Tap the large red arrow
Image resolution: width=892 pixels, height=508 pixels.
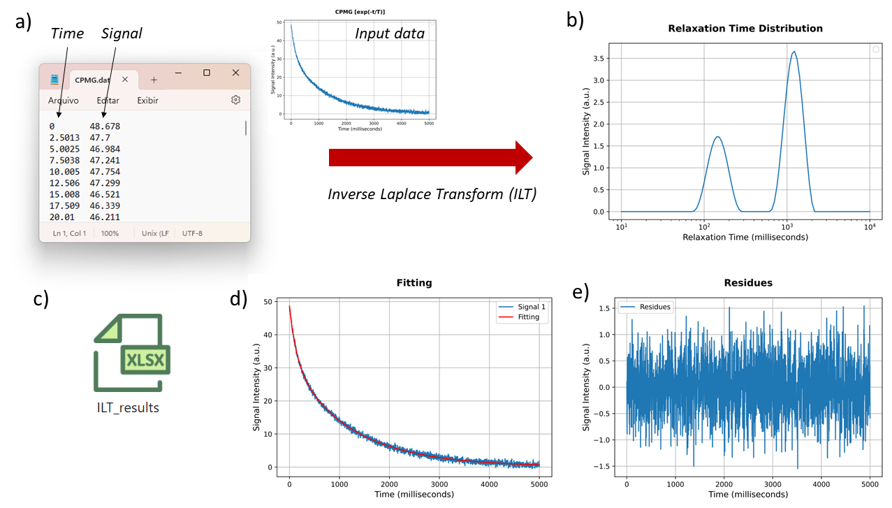tap(430, 158)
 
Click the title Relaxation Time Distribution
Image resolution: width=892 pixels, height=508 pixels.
tap(745, 29)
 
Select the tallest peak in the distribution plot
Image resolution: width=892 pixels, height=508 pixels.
tap(794, 52)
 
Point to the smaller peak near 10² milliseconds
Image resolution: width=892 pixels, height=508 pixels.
tap(717, 138)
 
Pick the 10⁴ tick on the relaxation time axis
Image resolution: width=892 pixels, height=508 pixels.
tap(870, 226)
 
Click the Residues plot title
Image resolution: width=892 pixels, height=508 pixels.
tap(747, 283)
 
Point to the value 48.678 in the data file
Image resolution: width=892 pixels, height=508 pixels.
tap(105, 126)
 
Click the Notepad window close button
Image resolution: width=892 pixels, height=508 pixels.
tap(235, 73)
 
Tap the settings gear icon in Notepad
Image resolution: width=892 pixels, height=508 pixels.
tap(235, 100)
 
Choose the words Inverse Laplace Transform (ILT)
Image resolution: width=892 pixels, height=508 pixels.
tap(432, 194)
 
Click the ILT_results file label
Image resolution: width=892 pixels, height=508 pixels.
tap(128, 407)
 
